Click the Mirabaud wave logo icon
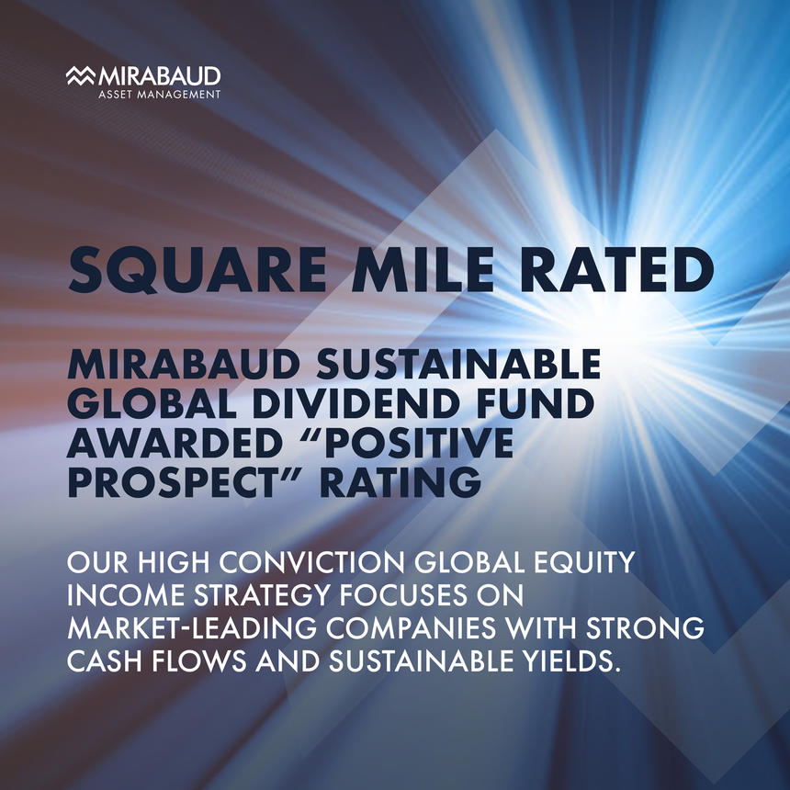[81, 75]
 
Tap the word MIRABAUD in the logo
[160, 76]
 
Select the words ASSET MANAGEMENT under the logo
[160, 95]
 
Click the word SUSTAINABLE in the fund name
[458, 364]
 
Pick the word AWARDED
[175, 443]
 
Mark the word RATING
[401, 482]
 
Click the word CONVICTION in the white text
[312, 563]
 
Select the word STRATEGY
[262, 595]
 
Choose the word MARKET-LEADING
[192, 628]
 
